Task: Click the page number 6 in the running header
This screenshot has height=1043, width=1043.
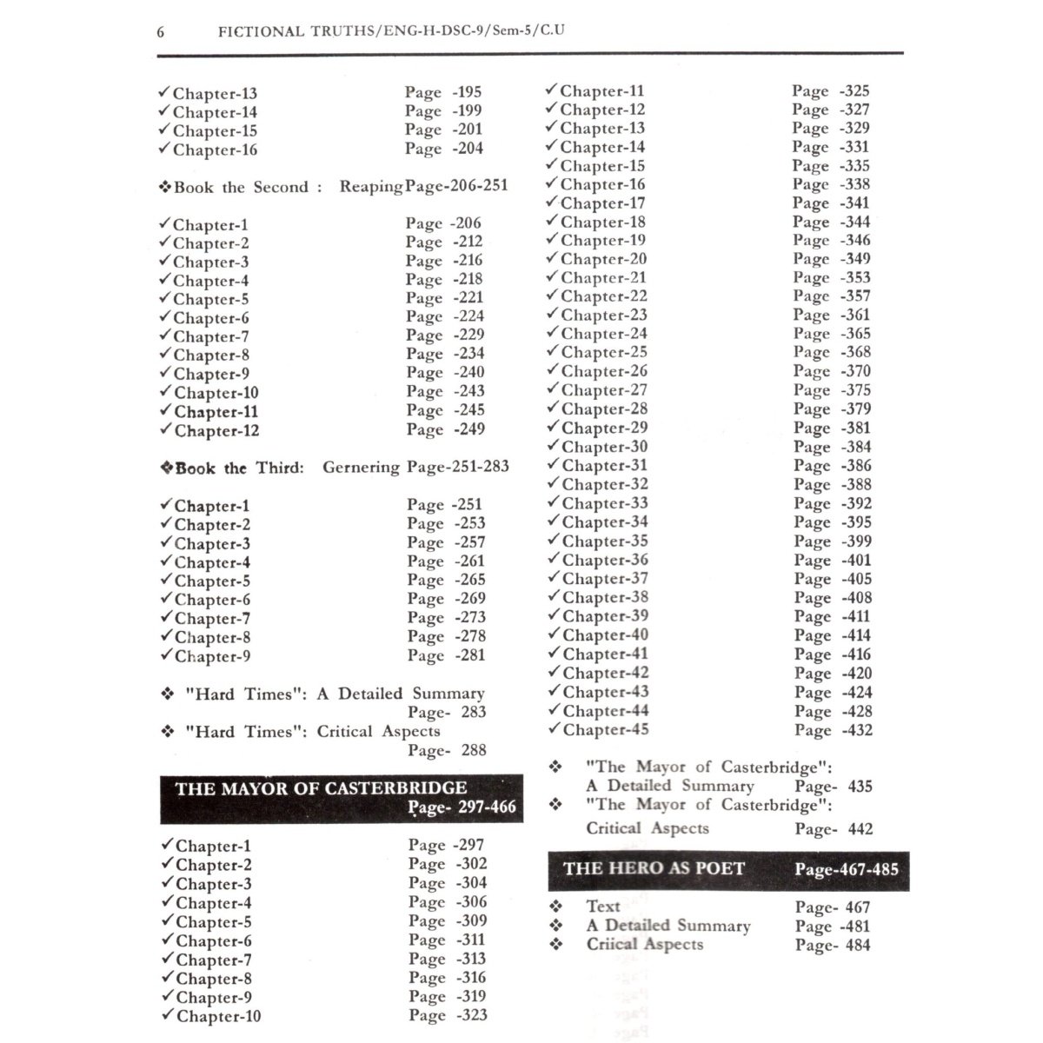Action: click(x=161, y=32)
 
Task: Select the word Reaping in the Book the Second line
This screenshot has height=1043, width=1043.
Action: click(x=371, y=187)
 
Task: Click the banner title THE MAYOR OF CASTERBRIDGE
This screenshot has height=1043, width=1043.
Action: click(x=321, y=789)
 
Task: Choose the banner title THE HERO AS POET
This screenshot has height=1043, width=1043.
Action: click(x=654, y=868)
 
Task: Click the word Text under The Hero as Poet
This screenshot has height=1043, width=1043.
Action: click(x=603, y=907)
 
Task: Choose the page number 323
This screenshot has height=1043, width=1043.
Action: click(x=471, y=1015)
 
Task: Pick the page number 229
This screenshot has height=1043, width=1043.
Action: click(x=469, y=335)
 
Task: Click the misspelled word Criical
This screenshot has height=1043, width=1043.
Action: click(x=618, y=944)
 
